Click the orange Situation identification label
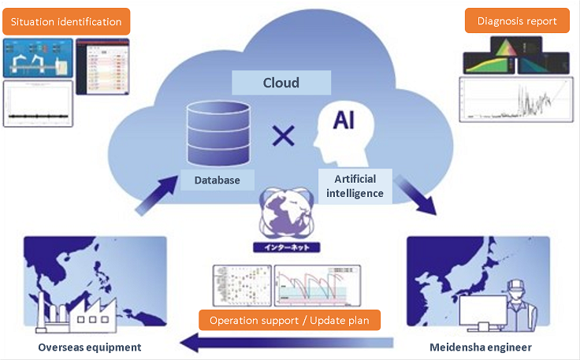[x=66, y=21]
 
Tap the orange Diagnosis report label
[x=517, y=21]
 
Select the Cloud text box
[x=281, y=82]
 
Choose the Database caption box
[x=217, y=180]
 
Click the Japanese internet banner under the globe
[x=287, y=247]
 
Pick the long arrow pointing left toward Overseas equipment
[x=284, y=342]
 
